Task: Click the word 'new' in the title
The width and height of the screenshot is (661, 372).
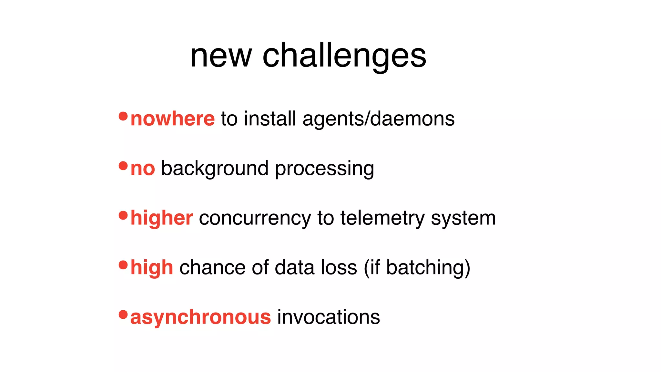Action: tap(221, 57)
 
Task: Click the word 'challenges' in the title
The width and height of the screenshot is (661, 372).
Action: tap(344, 57)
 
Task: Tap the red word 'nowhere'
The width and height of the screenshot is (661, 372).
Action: tap(173, 119)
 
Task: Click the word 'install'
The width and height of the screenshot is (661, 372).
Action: tap(270, 119)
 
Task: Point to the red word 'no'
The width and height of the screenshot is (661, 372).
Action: tap(143, 169)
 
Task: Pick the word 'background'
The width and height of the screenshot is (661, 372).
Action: tap(215, 169)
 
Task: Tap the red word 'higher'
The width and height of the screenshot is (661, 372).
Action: tap(162, 218)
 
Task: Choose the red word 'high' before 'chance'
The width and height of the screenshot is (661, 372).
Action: tap(152, 268)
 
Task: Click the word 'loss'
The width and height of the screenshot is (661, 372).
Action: tap(339, 268)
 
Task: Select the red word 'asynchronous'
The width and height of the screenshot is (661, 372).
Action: tap(200, 317)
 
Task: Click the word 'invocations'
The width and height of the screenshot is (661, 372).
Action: tap(329, 317)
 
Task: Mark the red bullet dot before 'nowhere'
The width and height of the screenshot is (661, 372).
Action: tap(123, 116)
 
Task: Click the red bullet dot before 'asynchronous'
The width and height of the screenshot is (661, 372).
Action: tap(123, 314)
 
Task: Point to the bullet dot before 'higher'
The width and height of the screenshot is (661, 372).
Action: tap(123, 215)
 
